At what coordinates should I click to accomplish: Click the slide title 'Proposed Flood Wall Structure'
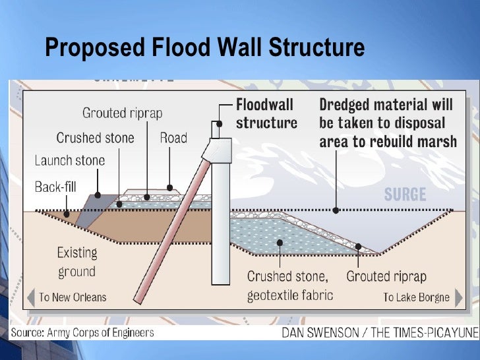click(204, 48)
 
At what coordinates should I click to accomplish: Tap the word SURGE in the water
click(405, 195)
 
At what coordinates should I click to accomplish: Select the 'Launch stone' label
click(69, 160)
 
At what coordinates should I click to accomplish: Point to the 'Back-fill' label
click(56, 187)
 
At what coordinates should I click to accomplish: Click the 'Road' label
click(173, 138)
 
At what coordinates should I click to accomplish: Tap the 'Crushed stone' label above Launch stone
click(95, 138)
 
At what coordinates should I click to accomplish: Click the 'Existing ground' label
click(76, 262)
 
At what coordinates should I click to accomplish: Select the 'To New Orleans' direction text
click(72, 297)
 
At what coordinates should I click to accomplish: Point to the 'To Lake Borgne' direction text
click(416, 297)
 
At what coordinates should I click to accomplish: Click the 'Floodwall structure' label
click(266, 113)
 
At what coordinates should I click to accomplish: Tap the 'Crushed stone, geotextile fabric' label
click(287, 285)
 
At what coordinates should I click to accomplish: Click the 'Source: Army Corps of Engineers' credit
click(82, 332)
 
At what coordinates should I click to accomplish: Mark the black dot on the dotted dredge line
click(336, 210)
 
